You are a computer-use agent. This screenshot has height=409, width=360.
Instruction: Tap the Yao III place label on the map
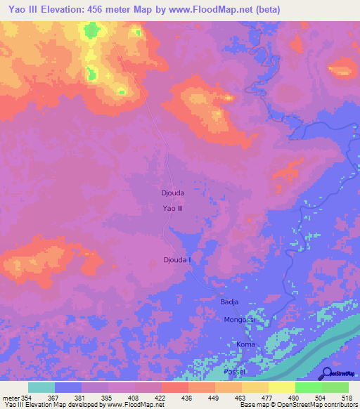click(172, 208)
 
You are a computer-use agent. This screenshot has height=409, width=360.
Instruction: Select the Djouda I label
click(177, 260)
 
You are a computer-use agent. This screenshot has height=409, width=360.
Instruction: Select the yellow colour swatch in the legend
click(281, 387)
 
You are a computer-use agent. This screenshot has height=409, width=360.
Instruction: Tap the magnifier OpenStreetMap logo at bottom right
click(328, 373)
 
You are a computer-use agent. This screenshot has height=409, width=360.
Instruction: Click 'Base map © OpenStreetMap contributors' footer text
click(297, 405)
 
